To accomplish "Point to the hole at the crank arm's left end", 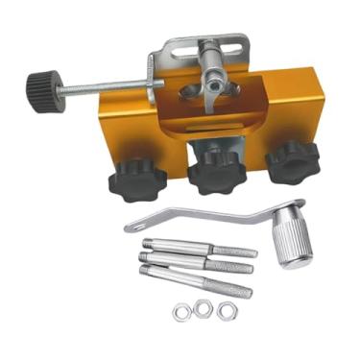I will click(132, 228).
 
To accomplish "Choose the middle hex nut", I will click(203, 309).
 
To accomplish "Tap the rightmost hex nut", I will click(226, 310).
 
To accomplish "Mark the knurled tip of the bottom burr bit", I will click(231, 289).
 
